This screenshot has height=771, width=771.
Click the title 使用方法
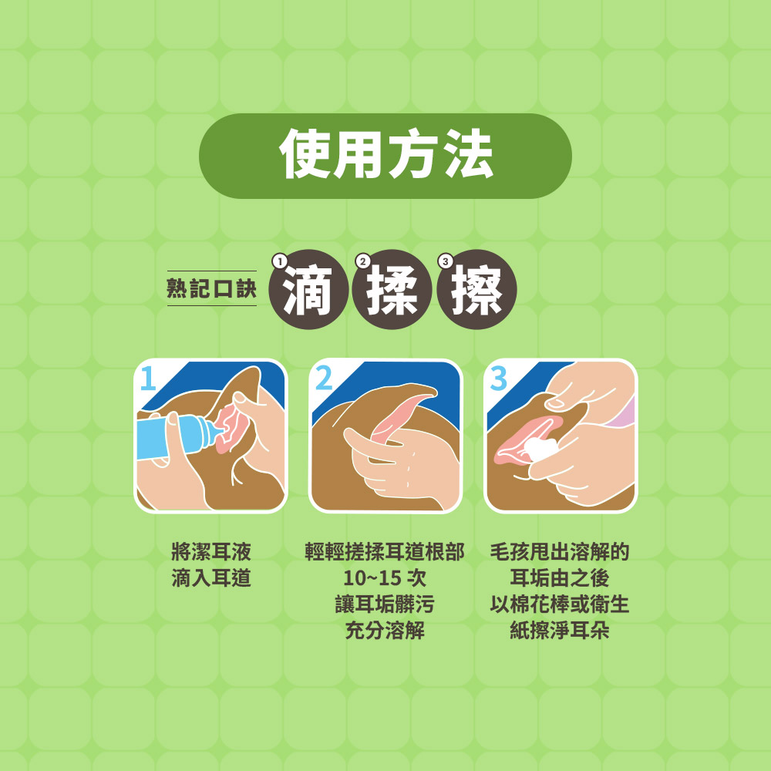tap(386, 155)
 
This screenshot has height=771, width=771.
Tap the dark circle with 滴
tap(309, 290)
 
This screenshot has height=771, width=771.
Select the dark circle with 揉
tap(392, 290)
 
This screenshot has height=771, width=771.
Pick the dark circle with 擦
tap(476, 290)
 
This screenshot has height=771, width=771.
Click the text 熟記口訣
tap(212, 288)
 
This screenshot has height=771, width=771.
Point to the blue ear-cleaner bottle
tap(177, 436)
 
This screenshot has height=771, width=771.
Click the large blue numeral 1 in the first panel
tap(148, 378)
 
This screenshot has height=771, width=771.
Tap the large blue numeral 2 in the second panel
tap(324, 378)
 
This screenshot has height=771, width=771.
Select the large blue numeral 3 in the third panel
tap(499, 378)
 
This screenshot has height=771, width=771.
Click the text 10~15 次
tap(385, 578)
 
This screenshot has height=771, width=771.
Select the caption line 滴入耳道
tap(211, 578)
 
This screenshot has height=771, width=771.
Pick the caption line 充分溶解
tap(385, 631)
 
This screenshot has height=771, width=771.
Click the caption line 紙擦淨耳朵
tap(560, 631)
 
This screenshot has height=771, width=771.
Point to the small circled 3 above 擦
tap(446, 261)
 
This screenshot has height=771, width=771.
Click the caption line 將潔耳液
tap(211, 552)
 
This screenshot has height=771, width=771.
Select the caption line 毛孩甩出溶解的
tap(560, 552)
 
